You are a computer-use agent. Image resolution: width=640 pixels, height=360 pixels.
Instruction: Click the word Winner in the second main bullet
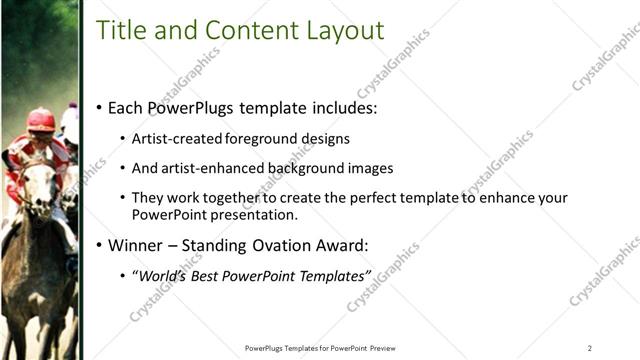137,245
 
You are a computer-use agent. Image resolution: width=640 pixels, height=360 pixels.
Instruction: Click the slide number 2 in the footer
589,348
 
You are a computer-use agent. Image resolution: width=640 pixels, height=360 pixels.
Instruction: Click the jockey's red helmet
41,120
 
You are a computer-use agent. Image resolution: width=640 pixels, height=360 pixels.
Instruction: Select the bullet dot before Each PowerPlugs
99,108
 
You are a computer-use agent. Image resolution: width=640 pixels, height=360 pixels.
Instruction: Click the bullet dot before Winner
99,245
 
